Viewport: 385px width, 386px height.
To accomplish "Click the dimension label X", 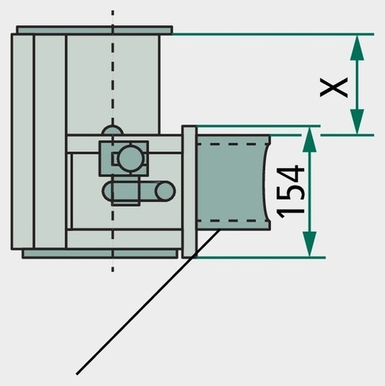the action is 334,87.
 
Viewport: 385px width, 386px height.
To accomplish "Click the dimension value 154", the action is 291,191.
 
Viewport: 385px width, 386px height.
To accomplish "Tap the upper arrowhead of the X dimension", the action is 357,47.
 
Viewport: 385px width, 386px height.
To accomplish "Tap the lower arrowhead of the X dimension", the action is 357,121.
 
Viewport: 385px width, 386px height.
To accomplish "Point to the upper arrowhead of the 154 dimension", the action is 310,139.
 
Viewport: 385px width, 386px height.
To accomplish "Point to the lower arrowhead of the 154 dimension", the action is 310,244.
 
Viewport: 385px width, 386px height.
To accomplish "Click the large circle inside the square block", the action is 130,158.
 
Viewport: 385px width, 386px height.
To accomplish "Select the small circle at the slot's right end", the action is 165,191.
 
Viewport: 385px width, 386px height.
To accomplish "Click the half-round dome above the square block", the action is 112,130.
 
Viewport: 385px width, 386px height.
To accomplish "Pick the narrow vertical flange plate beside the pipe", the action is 189,191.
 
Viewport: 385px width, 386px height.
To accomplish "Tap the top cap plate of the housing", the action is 94,29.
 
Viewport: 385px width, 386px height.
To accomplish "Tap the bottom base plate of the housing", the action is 100,254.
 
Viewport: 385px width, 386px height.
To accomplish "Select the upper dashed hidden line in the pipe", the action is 232,144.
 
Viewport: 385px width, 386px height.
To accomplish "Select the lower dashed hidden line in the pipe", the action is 232,221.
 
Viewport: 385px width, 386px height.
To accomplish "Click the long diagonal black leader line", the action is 148,302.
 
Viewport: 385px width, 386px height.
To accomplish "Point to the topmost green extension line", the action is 273,34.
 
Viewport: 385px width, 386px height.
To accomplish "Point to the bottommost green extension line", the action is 261,258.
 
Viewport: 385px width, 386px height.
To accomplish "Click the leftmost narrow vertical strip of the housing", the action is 23,142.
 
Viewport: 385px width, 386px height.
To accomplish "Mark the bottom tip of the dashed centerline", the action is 112,271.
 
